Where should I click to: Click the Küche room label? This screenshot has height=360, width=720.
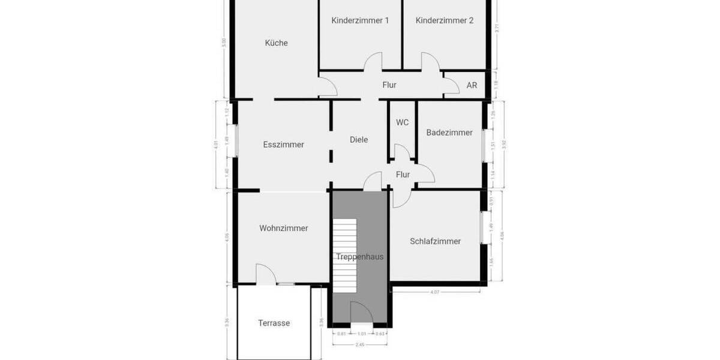pos(277,43)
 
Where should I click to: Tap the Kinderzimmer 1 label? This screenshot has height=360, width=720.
pos(360,20)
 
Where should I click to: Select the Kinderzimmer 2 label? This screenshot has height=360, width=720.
pos(445,20)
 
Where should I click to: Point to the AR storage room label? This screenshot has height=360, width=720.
pos(472,85)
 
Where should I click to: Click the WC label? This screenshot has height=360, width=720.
pos(402,122)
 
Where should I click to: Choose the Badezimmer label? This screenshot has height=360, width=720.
pos(449,133)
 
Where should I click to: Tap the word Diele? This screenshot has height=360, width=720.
pos(359,139)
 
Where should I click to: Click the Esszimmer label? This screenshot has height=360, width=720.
pos(283,145)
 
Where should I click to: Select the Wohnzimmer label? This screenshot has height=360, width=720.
pos(284,228)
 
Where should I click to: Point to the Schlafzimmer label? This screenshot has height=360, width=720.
pos(435,241)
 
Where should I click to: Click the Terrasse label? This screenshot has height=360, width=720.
pos(274,323)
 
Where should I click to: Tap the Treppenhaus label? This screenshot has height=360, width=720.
pos(359,257)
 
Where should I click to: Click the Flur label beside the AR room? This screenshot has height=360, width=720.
pos(389,85)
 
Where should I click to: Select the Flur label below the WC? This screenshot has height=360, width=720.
pos(403,175)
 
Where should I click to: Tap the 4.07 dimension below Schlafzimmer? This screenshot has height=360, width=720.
pos(436,293)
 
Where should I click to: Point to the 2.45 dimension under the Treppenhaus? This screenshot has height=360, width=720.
pos(360,344)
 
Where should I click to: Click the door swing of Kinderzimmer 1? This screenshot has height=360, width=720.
pos(373,62)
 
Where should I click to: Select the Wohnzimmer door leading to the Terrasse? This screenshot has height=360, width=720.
pos(266,275)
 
